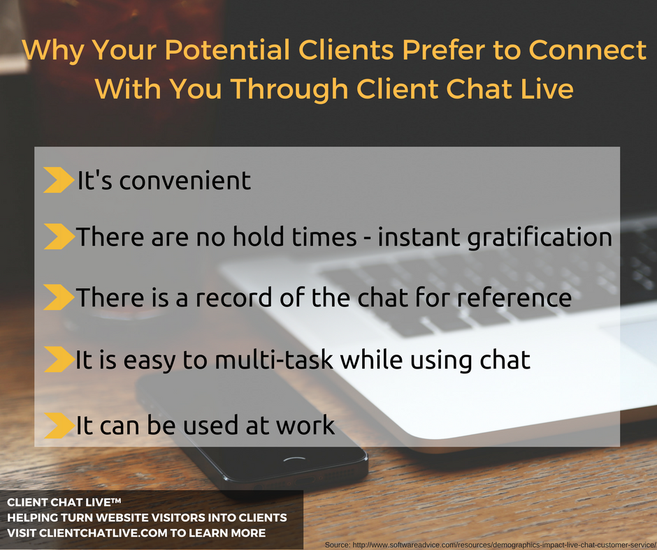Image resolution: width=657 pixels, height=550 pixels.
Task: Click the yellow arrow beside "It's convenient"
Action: (x=59, y=180)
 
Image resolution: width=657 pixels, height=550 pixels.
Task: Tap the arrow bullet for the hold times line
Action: (x=59, y=237)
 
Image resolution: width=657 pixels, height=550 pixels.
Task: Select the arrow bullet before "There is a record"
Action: (x=59, y=298)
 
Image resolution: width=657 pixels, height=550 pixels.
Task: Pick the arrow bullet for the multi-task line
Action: (x=59, y=360)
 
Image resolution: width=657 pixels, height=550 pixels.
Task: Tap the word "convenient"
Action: (x=185, y=181)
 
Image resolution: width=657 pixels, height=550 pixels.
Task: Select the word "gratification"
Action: (x=541, y=239)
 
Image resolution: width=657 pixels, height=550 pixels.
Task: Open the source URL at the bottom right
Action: (x=489, y=543)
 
